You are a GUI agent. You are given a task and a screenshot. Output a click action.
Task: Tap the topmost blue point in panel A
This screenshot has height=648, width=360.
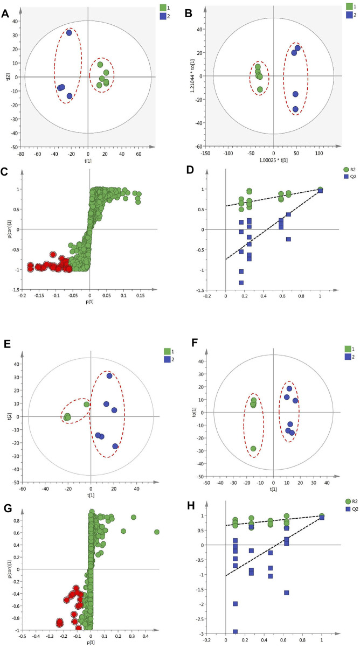69,33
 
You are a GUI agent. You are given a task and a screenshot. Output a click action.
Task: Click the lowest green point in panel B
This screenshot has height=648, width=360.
260,89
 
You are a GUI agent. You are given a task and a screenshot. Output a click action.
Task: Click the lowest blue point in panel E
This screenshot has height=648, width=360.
115,446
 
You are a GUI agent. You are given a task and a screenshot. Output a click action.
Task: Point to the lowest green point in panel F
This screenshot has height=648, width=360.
253,449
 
